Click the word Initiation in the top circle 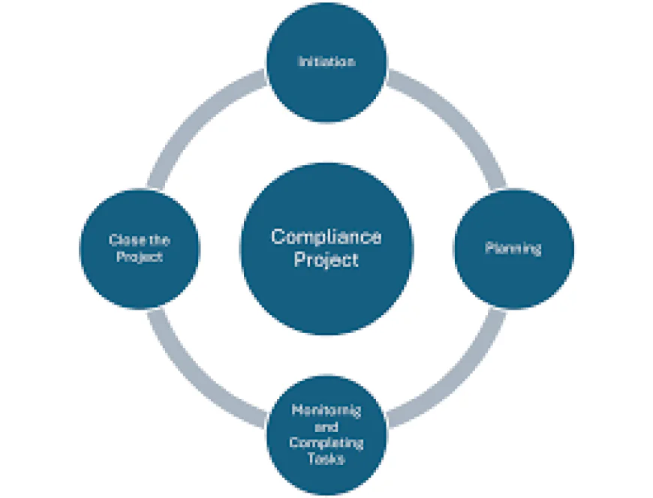click(326, 62)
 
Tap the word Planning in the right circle click(513, 249)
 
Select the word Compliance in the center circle click(326, 237)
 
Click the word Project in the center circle click(326, 260)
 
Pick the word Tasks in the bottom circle click(326, 459)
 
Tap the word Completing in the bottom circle click(326, 442)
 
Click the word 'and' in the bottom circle click(326, 427)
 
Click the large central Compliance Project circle click(326, 289)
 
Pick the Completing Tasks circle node click(326, 480)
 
